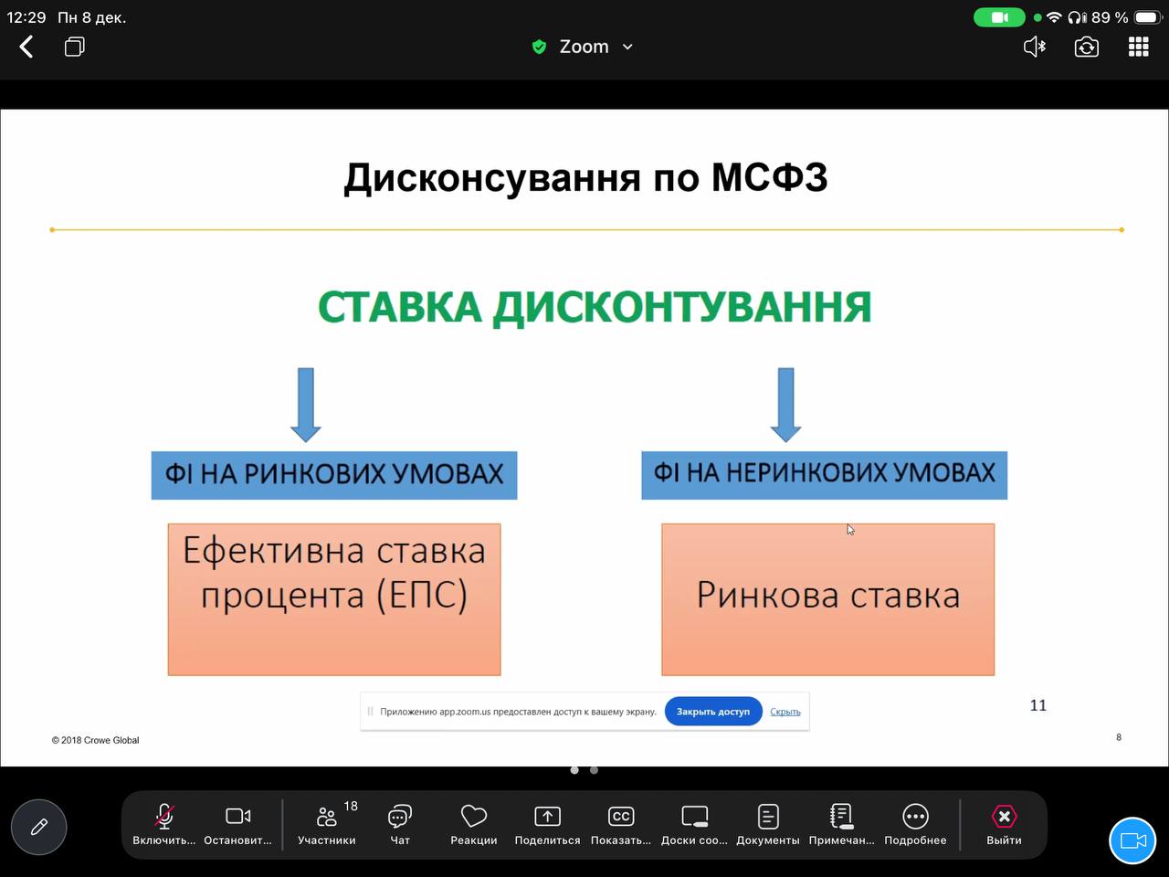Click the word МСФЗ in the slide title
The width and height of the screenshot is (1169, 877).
769,177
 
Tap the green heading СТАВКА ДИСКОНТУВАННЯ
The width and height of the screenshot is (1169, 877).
595,307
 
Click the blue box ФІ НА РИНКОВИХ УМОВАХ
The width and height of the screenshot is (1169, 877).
334,474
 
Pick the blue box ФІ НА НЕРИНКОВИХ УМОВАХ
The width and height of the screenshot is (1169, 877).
824,474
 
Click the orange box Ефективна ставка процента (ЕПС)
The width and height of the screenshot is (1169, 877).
334,598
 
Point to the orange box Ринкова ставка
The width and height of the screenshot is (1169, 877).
827,598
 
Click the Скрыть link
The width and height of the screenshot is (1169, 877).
785,712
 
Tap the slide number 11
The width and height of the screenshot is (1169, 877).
1038,705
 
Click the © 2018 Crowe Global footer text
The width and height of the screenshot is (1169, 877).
96,740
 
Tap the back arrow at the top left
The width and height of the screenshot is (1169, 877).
26,47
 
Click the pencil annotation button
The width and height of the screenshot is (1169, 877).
38,827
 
